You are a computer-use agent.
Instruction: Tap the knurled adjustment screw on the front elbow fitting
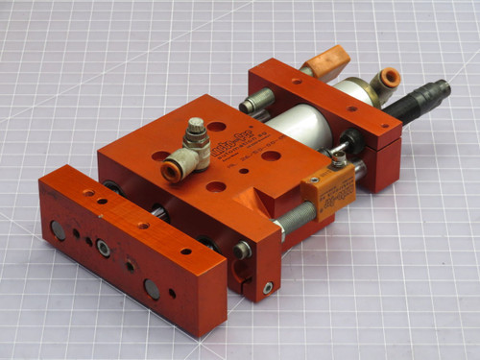click(x=196, y=128)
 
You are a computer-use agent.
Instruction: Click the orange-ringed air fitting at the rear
click(x=389, y=77)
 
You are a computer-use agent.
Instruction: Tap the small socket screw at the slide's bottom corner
click(x=268, y=287)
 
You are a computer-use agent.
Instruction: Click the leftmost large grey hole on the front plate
click(x=59, y=230)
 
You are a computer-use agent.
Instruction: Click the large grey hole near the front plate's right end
click(x=152, y=288)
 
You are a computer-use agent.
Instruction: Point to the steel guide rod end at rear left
click(x=252, y=102)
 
